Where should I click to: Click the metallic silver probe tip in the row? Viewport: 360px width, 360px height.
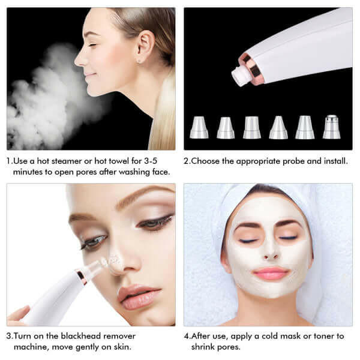(331, 127)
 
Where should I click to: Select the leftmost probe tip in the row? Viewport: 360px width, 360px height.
(199, 127)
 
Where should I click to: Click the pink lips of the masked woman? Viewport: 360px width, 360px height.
(271, 273)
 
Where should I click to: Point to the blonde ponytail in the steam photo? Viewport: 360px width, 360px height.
(163, 120)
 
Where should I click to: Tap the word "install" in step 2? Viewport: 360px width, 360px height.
(333, 161)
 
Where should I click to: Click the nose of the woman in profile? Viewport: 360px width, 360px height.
(79, 59)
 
